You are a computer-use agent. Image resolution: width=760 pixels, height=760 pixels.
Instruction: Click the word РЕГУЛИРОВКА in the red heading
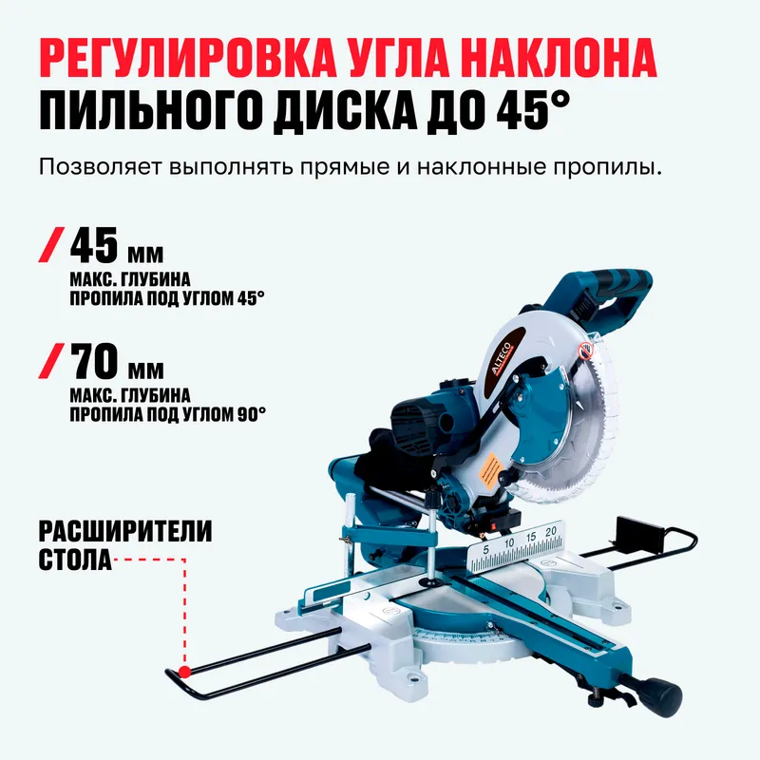182,58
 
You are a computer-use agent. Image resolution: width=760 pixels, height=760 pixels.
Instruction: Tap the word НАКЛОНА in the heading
558,58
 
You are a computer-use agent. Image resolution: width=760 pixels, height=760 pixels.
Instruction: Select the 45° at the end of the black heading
532,110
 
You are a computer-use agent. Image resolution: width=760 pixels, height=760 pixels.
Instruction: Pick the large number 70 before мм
94,361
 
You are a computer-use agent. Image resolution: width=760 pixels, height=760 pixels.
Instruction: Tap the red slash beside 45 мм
51,245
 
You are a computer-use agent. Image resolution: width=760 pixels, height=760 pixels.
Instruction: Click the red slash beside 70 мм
51,361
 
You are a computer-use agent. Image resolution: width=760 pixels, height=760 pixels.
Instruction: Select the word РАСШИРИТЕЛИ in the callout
125,531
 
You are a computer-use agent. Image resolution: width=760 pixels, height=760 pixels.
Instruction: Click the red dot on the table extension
184,672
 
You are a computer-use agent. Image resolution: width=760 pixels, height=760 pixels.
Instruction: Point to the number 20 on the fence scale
551,532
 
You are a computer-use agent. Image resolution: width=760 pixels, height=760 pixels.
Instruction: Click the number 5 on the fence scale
486,550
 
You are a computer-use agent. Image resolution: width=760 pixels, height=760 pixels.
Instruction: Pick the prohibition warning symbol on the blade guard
585,351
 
